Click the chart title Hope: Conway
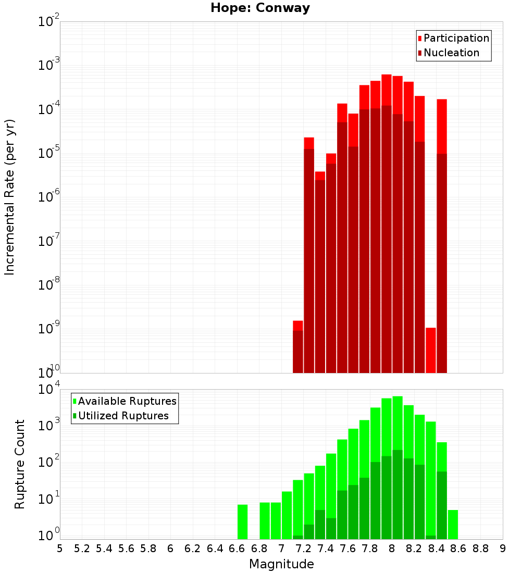pos(260,8)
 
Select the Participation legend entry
pos(453,38)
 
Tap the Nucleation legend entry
pos(448,53)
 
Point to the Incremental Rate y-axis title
pos(10,197)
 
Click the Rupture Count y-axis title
pos(20,464)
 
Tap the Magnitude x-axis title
pos(281,564)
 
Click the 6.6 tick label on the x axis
pos(237,549)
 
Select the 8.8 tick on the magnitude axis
pos(480,549)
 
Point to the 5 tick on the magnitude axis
pos(60,549)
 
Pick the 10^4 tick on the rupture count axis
pos(50,390)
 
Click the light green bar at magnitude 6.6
pos(242,521)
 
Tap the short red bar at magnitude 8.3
pos(431,350)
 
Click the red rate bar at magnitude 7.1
pos(298,349)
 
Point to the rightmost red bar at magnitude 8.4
pos(442,234)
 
